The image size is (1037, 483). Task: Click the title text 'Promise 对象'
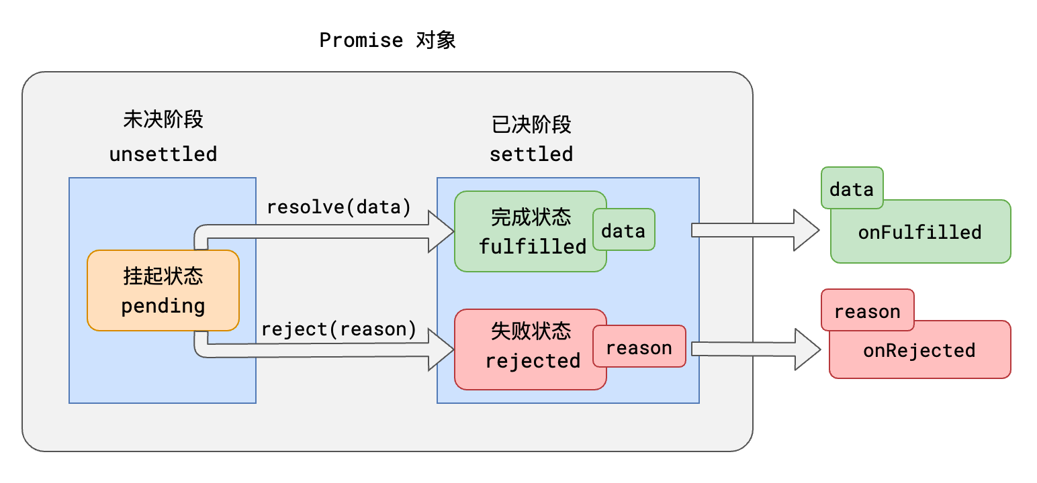coord(388,40)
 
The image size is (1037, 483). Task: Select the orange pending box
coord(163,290)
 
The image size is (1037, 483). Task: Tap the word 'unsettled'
coord(163,154)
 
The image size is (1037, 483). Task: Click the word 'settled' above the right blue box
coord(531,154)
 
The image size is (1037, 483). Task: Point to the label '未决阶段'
coord(163,119)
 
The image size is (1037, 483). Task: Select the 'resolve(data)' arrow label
coord(339,207)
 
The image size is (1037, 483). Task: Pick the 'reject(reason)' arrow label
coord(339,329)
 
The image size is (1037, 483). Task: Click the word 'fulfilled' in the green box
coord(533,247)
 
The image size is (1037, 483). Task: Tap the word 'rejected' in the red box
coord(533,361)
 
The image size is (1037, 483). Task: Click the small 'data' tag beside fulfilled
coord(623,231)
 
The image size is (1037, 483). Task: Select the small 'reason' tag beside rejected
coord(639,347)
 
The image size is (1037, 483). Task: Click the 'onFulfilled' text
coord(919,233)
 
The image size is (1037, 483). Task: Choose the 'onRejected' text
coord(919,350)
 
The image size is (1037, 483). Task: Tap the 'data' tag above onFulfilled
coord(851,189)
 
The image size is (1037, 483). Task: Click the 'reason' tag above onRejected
coord(867,312)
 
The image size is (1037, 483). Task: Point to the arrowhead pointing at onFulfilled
coord(807,230)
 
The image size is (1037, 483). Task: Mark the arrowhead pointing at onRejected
coord(808,349)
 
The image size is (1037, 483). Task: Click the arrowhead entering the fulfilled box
coord(442,231)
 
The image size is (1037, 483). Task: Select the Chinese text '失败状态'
coord(531,331)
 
